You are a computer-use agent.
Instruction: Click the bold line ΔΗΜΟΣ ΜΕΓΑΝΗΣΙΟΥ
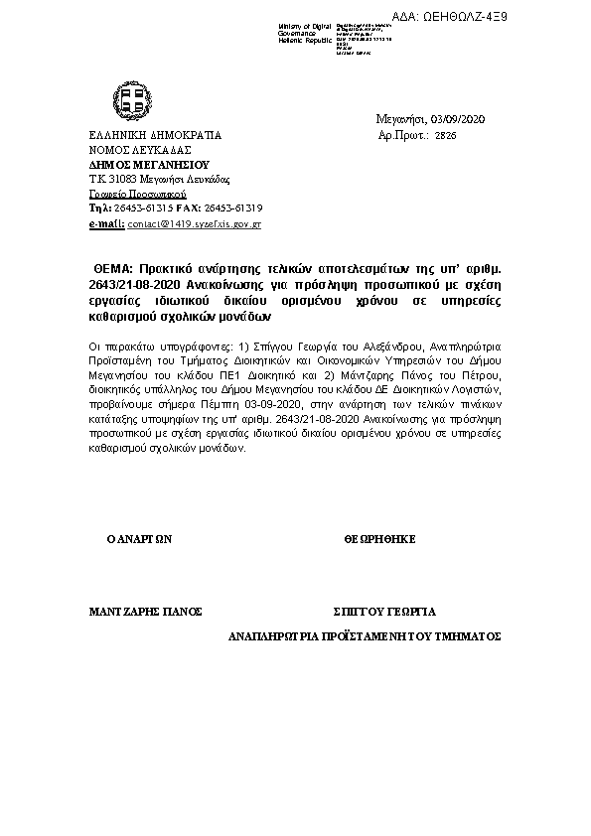143,164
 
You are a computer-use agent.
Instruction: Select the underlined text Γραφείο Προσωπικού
130,195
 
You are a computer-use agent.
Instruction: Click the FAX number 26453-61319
233,209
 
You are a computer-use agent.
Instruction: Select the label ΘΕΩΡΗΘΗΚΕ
379,538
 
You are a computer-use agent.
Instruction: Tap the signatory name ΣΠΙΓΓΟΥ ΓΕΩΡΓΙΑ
384,611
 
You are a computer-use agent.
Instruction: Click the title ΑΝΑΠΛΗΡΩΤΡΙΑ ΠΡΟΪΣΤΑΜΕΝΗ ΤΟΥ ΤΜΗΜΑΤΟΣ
365,634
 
